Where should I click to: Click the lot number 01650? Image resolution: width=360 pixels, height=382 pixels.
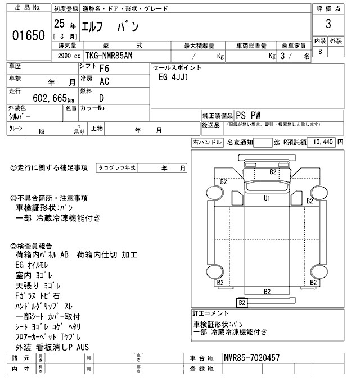(x=28, y=35)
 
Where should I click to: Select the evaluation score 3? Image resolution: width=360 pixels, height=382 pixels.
(x=327, y=24)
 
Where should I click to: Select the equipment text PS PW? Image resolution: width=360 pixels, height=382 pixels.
(x=248, y=114)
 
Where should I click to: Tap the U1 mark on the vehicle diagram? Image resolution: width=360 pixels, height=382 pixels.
(x=267, y=198)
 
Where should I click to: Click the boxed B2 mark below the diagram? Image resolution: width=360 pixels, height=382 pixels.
(x=242, y=303)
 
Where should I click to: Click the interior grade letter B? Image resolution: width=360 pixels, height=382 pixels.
(x=321, y=52)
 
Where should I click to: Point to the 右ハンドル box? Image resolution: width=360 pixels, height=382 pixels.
(x=206, y=143)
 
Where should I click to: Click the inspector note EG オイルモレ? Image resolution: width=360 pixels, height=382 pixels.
(x=36, y=265)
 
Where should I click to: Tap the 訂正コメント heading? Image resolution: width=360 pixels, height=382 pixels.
(x=211, y=313)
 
